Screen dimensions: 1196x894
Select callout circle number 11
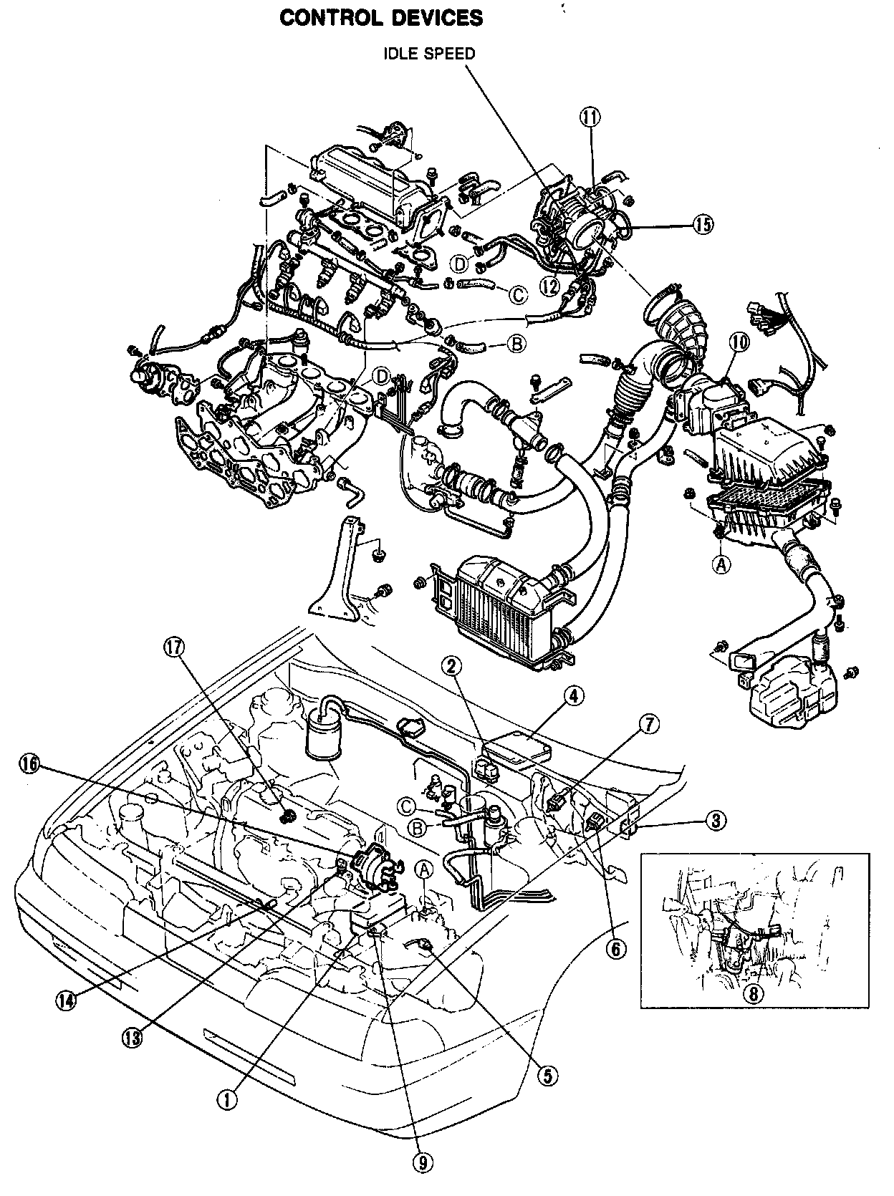pos(591,117)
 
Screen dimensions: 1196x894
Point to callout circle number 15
pos(703,224)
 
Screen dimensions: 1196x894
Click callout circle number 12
pos(550,285)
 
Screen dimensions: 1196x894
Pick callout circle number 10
pos(739,342)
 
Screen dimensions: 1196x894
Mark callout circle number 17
pos(174,647)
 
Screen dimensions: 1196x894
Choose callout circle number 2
pos(451,667)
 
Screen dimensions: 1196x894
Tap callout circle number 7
pos(648,725)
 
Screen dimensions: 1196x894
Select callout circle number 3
pos(715,820)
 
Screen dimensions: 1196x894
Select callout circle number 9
pos(423,1164)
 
